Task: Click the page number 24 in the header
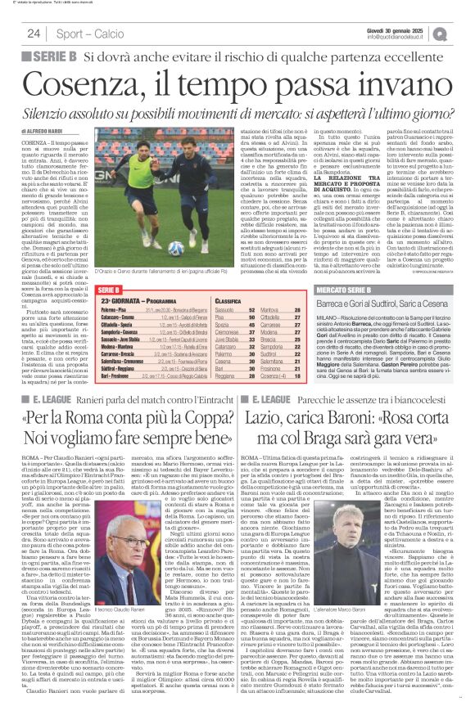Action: point(34,33)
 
